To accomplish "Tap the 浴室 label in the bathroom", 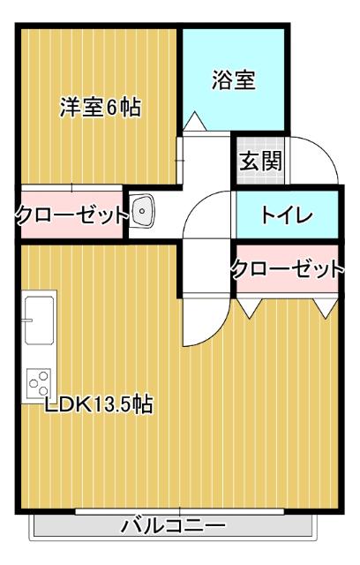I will [x=234, y=79].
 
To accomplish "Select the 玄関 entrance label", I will [x=261, y=162].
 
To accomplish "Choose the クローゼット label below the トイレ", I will [x=286, y=269].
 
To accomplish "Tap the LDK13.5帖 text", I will [x=100, y=405].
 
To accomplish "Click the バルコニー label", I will [x=173, y=527].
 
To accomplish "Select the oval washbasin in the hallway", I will [x=144, y=212].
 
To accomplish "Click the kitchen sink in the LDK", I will [x=40, y=320].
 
